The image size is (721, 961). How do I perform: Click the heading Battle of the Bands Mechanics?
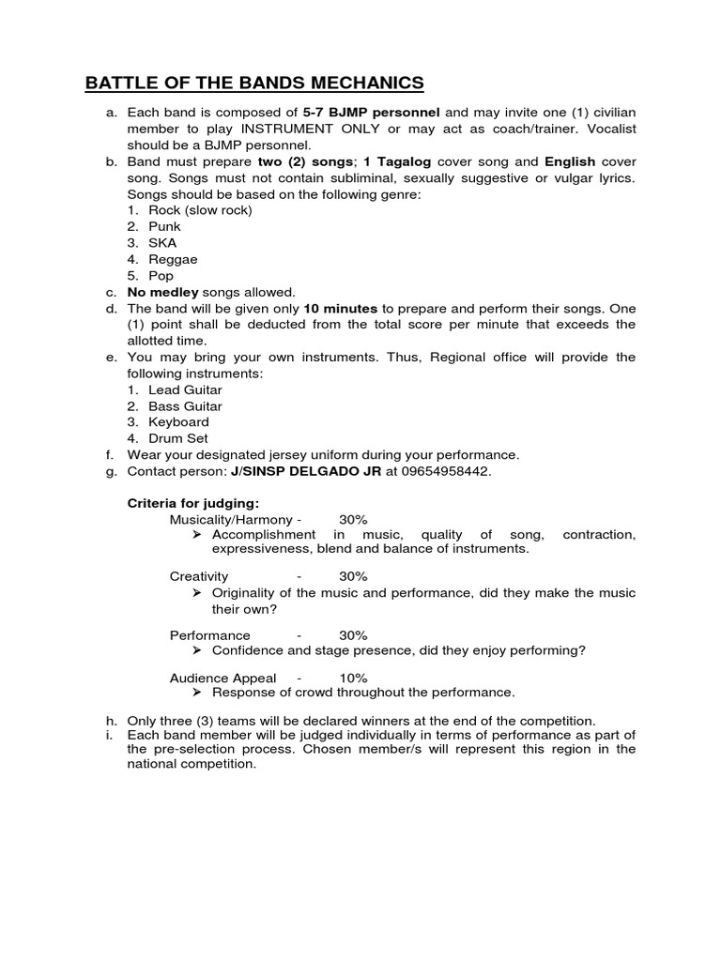(x=254, y=84)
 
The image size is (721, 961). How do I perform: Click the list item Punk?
(x=164, y=226)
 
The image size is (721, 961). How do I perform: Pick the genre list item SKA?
(x=162, y=242)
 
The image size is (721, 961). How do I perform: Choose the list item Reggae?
(x=173, y=259)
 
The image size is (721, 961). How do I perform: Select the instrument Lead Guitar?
(x=185, y=389)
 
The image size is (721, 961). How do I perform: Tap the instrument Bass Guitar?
(x=185, y=406)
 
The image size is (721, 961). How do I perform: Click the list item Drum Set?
(x=178, y=438)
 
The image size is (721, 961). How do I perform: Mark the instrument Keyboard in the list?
(x=178, y=422)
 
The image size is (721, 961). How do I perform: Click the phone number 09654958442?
(x=446, y=471)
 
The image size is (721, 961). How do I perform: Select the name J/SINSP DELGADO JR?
(x=306, y=471)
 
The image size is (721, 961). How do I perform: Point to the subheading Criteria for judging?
(x=192, y=503)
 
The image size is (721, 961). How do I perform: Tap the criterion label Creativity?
(x=198, y=576)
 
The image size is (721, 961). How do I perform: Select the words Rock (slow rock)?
(x=200, y=210)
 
